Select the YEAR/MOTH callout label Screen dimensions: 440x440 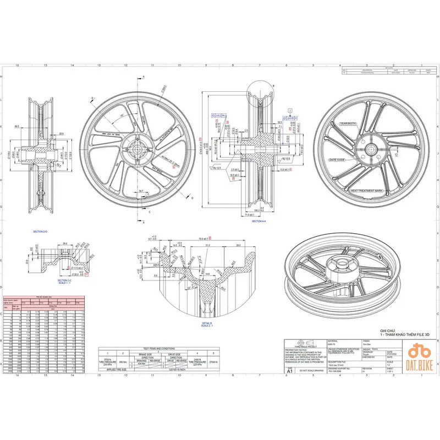[x=348, y=124]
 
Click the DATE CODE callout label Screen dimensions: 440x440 [x=337, y=160]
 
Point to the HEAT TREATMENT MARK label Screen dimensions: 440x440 [x=366, y=191]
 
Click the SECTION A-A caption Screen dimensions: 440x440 [x=259, y=221]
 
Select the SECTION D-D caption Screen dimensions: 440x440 [x=40, y=232]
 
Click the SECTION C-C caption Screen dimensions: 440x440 [x=65, y=281]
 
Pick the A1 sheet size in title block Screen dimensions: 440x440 [x=289, y=372]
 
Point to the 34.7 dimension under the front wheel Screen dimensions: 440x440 [x=141, y=191]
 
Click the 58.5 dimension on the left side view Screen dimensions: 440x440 [x=17, y=127]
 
